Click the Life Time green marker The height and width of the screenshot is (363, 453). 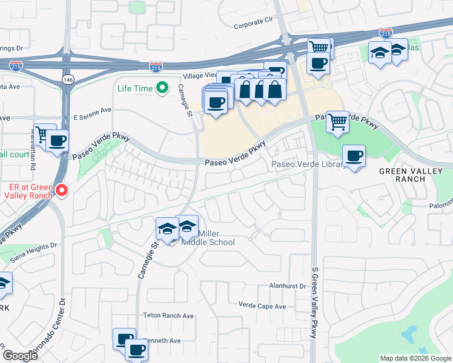[162, 89]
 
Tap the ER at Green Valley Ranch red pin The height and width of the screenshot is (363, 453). [62, 191]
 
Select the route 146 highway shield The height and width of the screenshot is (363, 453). [67, 79]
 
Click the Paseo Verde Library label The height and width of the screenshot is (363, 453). [309, 165]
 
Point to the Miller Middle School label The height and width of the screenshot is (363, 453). [208, 238]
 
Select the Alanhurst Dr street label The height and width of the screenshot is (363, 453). [289, 286]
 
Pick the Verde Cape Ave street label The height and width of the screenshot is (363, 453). [262, 306]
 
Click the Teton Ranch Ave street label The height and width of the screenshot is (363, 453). [168, 316]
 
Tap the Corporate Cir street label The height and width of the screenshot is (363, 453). [254, 26]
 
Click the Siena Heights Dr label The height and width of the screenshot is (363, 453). [36, 246]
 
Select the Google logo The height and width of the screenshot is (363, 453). [19, 356]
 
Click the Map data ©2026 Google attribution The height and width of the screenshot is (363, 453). [415, 358]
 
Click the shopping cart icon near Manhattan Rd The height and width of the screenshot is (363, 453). [44, 134]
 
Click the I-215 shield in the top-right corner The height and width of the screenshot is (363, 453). [386, 33]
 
